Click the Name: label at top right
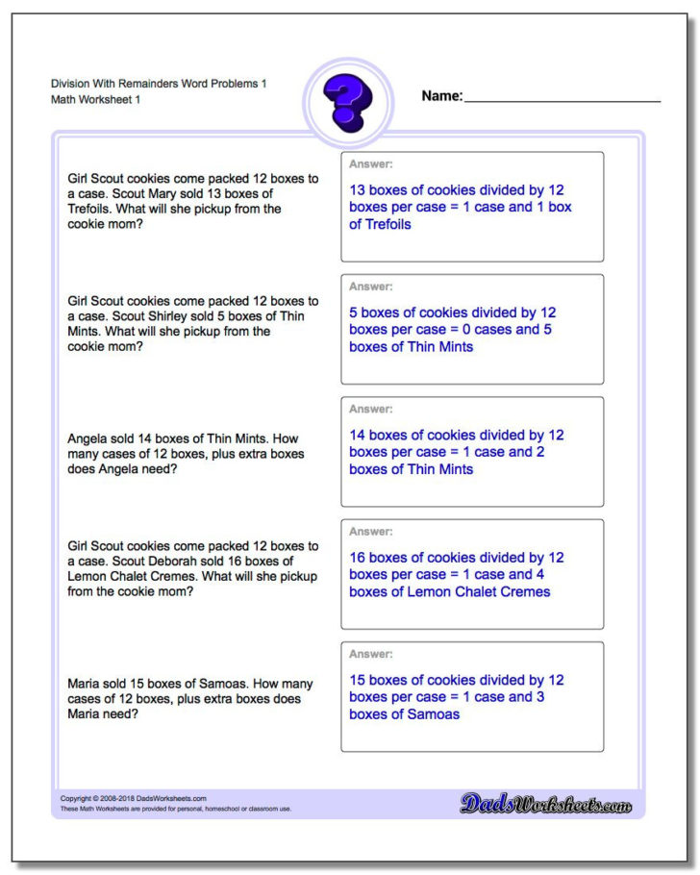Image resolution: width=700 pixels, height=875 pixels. (441, 96)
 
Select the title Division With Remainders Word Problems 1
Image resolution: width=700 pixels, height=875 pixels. (159, 84)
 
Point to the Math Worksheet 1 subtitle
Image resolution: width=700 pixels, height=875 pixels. (96, 100)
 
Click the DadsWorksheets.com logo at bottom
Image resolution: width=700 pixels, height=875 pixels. (545, 804)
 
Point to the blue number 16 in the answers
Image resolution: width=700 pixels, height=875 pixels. (357, 557)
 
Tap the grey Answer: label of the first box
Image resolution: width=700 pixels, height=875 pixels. (370, 164)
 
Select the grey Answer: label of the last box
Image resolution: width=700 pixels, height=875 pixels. (370, 654)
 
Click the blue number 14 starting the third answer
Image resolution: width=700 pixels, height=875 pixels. (357, 435)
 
